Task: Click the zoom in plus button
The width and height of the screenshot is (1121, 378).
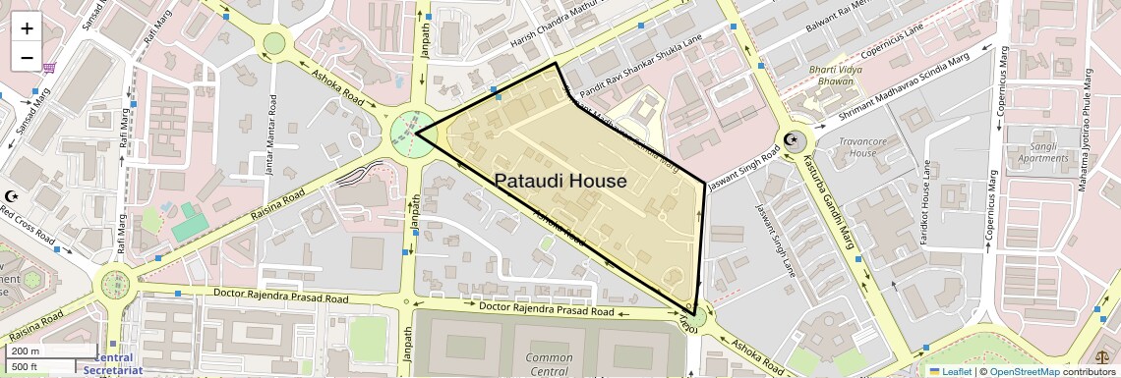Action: tap(27, 28)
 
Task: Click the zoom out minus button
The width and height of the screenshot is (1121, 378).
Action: tap(27, 57)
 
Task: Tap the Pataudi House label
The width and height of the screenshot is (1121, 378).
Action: tap(560, 182)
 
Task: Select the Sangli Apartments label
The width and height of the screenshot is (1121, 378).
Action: tap(1042, 151)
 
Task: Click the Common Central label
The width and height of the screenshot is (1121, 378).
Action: tap(550, 364)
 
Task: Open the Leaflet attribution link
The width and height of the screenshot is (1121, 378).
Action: tap(950, 371)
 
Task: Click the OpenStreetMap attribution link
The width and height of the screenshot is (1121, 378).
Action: tap(1024, 371)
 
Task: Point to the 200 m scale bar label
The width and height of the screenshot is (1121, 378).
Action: tap(26, 351)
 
